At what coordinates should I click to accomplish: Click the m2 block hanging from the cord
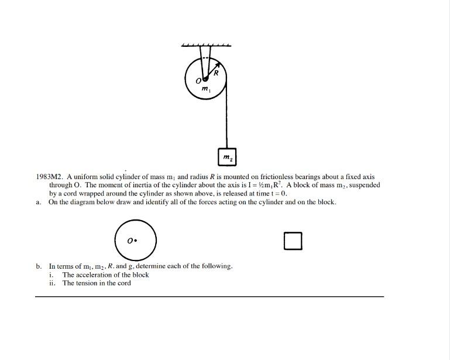point(227,156)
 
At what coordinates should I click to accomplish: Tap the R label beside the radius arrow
point(216,73)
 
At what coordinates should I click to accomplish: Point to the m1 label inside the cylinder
point(205,90)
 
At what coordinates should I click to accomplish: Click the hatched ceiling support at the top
point(205,45)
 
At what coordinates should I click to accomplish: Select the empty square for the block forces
point(293,241)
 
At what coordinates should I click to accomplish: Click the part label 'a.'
point(39,202)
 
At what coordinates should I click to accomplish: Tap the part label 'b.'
point(39,266)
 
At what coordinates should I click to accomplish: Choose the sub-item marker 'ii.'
point(53,283)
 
